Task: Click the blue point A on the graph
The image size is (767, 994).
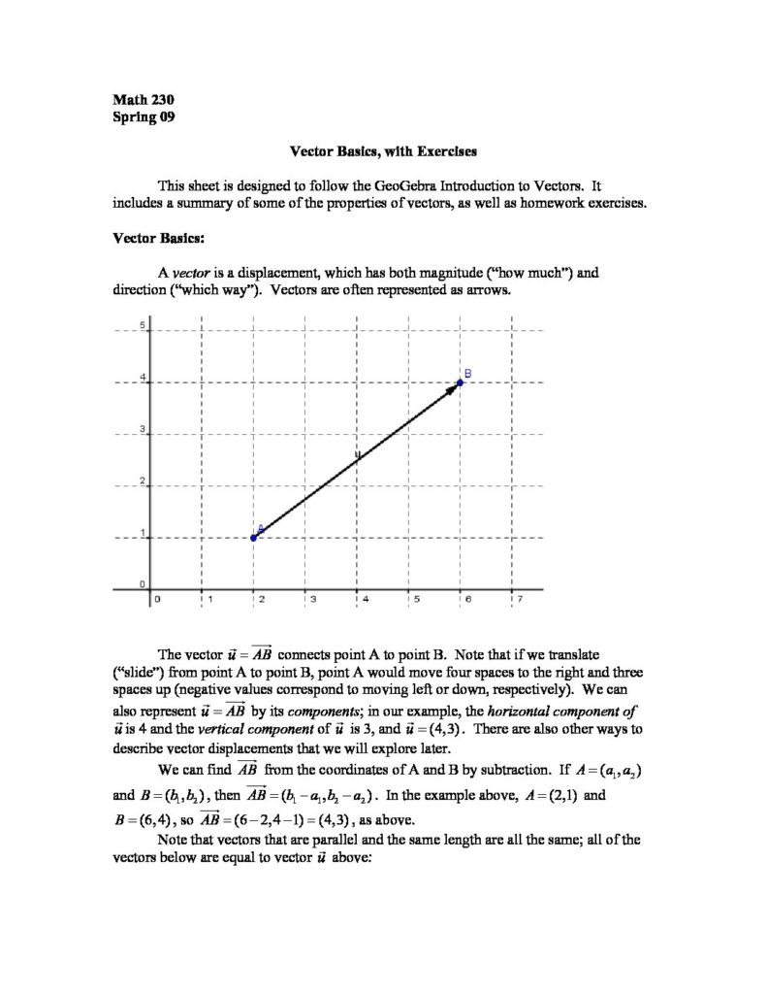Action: point(254,537)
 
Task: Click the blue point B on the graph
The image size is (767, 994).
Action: point(460,382)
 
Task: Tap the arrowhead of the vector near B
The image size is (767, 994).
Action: point(452,388)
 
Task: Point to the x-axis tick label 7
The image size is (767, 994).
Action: point(520,599)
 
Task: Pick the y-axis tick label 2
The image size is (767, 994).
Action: point(143,480)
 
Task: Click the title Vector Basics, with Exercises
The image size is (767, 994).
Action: point(383,151)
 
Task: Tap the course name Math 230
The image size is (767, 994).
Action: point(144,99)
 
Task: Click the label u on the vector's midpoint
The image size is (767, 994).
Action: point(357,454)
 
